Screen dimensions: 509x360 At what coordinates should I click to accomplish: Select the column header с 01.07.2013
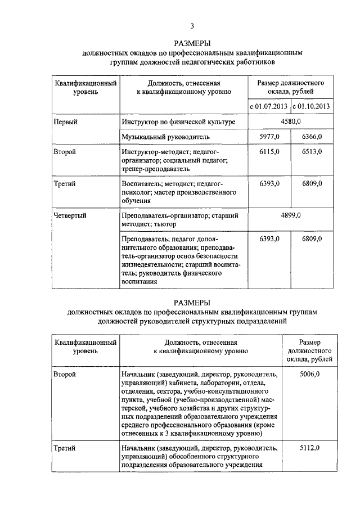[x=269, y=106]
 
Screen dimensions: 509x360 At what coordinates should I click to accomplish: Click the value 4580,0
[x=290, y=121]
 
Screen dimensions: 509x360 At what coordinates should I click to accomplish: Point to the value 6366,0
[x=311, y=137]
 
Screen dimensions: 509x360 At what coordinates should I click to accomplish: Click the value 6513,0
[x=311, y=152]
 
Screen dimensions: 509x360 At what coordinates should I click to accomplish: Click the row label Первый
[x=65, y=121]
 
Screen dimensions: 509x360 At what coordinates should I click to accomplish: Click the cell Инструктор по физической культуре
[x=175, y=121]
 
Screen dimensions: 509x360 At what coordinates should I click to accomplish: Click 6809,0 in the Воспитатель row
[x=311, y=183]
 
